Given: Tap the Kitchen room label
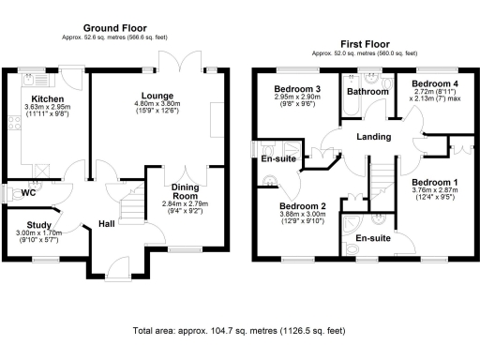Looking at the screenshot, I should pos(46,97).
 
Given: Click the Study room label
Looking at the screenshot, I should pos(38,224).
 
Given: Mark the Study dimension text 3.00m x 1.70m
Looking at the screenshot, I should pos(38,233).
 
